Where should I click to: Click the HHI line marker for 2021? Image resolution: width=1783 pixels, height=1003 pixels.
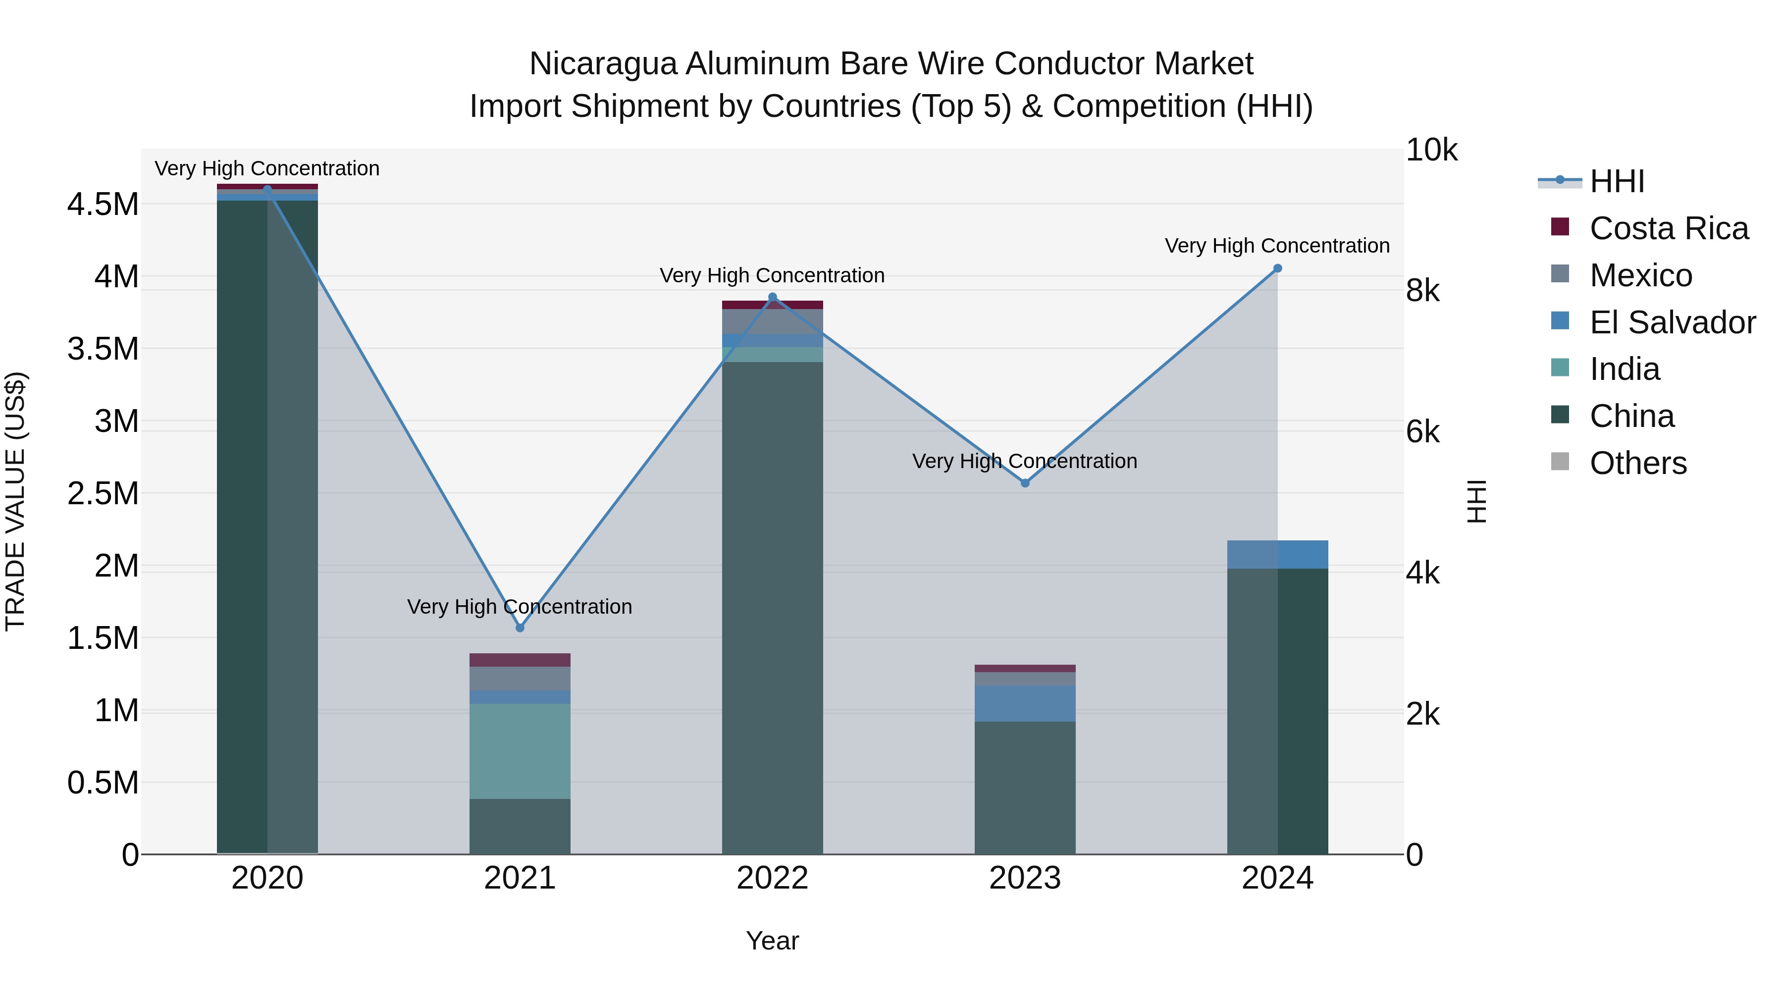(520, 628)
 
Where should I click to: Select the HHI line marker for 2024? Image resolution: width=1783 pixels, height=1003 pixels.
(1278, 268)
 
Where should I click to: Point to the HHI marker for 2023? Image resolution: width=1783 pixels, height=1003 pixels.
(1025, 483)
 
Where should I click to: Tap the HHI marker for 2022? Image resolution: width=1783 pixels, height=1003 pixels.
(773, 298)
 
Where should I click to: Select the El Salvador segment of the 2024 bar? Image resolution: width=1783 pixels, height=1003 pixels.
(1278, 554)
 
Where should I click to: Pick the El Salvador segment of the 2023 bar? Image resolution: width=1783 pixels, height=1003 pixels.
(1025, 703)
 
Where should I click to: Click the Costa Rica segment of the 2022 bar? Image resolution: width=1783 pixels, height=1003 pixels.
(773, 305)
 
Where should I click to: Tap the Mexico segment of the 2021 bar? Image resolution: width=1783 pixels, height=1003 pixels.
(520, 679)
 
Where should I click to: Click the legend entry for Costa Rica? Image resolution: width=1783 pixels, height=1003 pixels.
(1668, 228)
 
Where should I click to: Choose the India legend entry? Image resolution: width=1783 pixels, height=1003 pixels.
(1624, 369)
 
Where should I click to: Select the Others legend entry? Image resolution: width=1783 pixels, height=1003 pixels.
(1638, 463)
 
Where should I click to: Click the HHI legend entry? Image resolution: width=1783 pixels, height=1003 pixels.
(1616, 181)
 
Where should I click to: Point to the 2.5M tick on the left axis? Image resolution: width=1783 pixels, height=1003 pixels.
(103, 493)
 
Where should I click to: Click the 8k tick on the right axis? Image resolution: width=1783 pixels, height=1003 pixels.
(1422, 291)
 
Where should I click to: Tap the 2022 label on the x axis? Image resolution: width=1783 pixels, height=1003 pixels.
(773, 878)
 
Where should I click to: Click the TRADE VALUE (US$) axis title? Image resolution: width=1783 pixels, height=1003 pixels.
(15, 501)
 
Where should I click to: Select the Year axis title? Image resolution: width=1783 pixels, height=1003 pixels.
(773, 941)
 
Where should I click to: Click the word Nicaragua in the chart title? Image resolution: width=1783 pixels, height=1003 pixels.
(602, 64)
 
